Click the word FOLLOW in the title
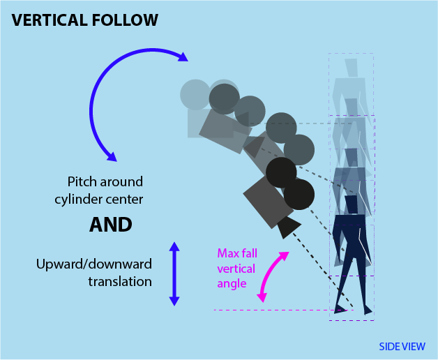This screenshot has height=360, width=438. [x=126, y=20]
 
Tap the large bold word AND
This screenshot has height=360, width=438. [x=111, y=225]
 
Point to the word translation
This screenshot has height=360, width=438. [x=120, y=282]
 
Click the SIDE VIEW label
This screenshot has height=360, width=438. [x=402, y=347]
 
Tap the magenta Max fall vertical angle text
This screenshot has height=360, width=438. [x=236, y=268]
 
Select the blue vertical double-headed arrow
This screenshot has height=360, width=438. [x=174, y=273]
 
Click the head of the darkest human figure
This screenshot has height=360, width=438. [x=351, y=204]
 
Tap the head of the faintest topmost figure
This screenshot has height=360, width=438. [x=351, y=68]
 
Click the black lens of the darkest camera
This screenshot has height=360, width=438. [x=288, y=227]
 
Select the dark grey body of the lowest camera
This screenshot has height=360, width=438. [x=268, y=201]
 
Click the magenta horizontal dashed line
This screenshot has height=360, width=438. [x=272, y=310]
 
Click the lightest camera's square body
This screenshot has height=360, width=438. [x=199, y=123]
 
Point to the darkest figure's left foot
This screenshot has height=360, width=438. [x=340, y=309]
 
